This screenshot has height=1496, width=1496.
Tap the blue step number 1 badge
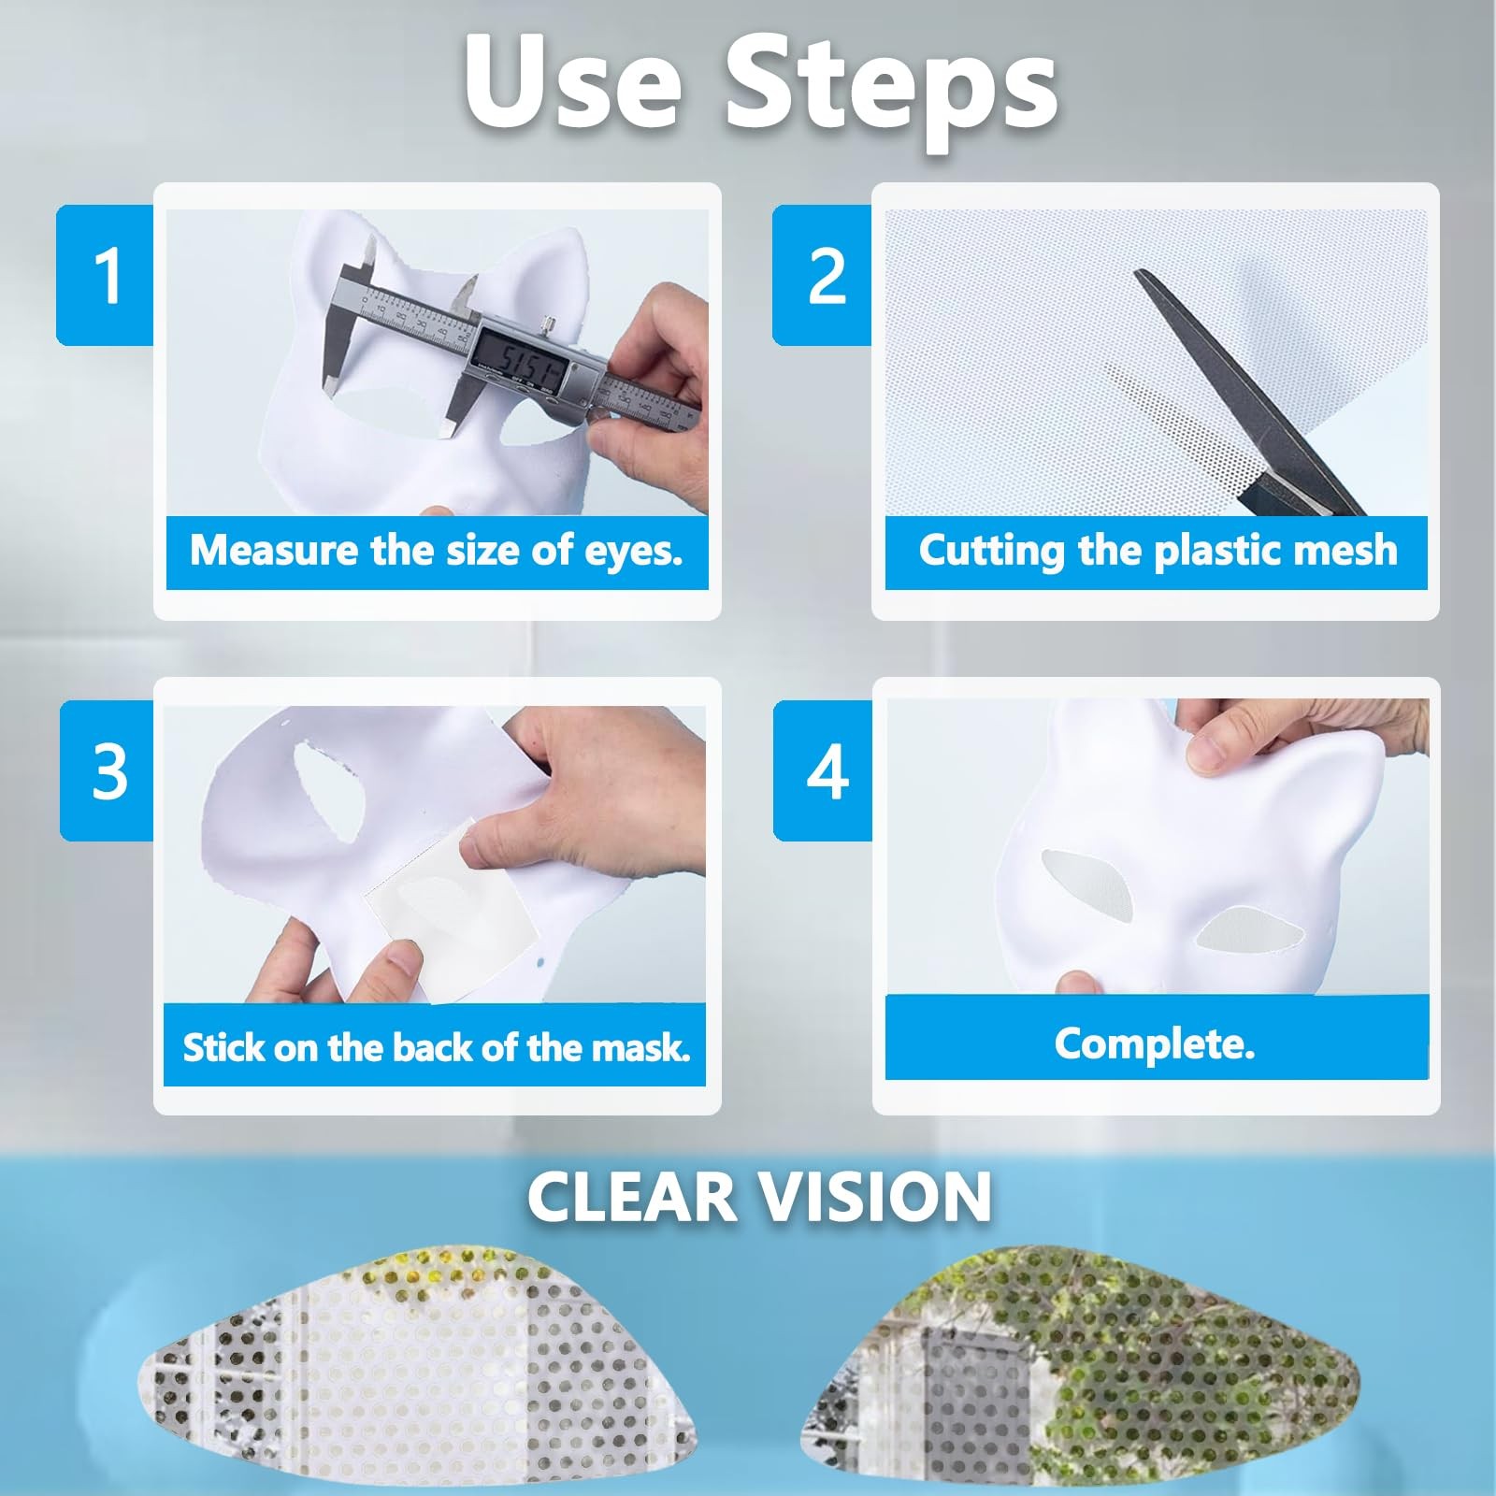106,275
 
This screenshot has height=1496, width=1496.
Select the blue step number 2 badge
823,275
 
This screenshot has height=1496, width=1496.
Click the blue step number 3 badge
108,770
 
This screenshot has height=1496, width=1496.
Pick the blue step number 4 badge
824,770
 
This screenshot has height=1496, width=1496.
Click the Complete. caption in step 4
1155,1043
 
